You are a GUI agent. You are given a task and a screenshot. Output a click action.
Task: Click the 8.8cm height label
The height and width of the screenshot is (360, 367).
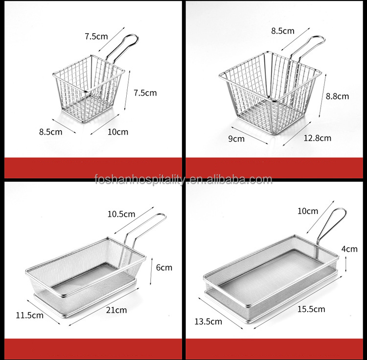click(x=337, y=96)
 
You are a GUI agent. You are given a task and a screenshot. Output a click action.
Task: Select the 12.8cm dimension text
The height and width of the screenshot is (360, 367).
click(x=317, y=138)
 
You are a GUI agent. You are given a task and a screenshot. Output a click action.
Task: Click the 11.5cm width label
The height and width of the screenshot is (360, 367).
click(x=30, y=315)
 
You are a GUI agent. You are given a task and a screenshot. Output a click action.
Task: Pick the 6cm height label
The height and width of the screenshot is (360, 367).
click(x=164, y=267)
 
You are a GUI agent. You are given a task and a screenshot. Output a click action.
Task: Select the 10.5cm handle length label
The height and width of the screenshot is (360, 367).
click(x=121, y=214)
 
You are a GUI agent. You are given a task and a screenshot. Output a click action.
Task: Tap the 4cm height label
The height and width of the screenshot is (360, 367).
click(x=349, y=249)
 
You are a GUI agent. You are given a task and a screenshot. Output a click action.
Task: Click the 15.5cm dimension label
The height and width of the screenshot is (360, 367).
click(x=311, y=309)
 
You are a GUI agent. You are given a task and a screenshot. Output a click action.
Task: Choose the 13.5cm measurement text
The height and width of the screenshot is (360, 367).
click(x=208, y=321)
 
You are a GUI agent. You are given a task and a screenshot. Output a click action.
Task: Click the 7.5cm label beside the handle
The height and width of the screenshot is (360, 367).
click(x=96, y=36)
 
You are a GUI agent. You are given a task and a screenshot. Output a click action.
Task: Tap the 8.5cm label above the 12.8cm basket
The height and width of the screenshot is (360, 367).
click(x=283, y=31)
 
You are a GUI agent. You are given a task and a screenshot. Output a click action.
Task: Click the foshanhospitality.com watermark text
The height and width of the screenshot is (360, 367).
click(x=183, y=180)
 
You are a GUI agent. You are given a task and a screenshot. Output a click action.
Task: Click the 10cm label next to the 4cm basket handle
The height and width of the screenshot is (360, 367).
click(x=308, y=211)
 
